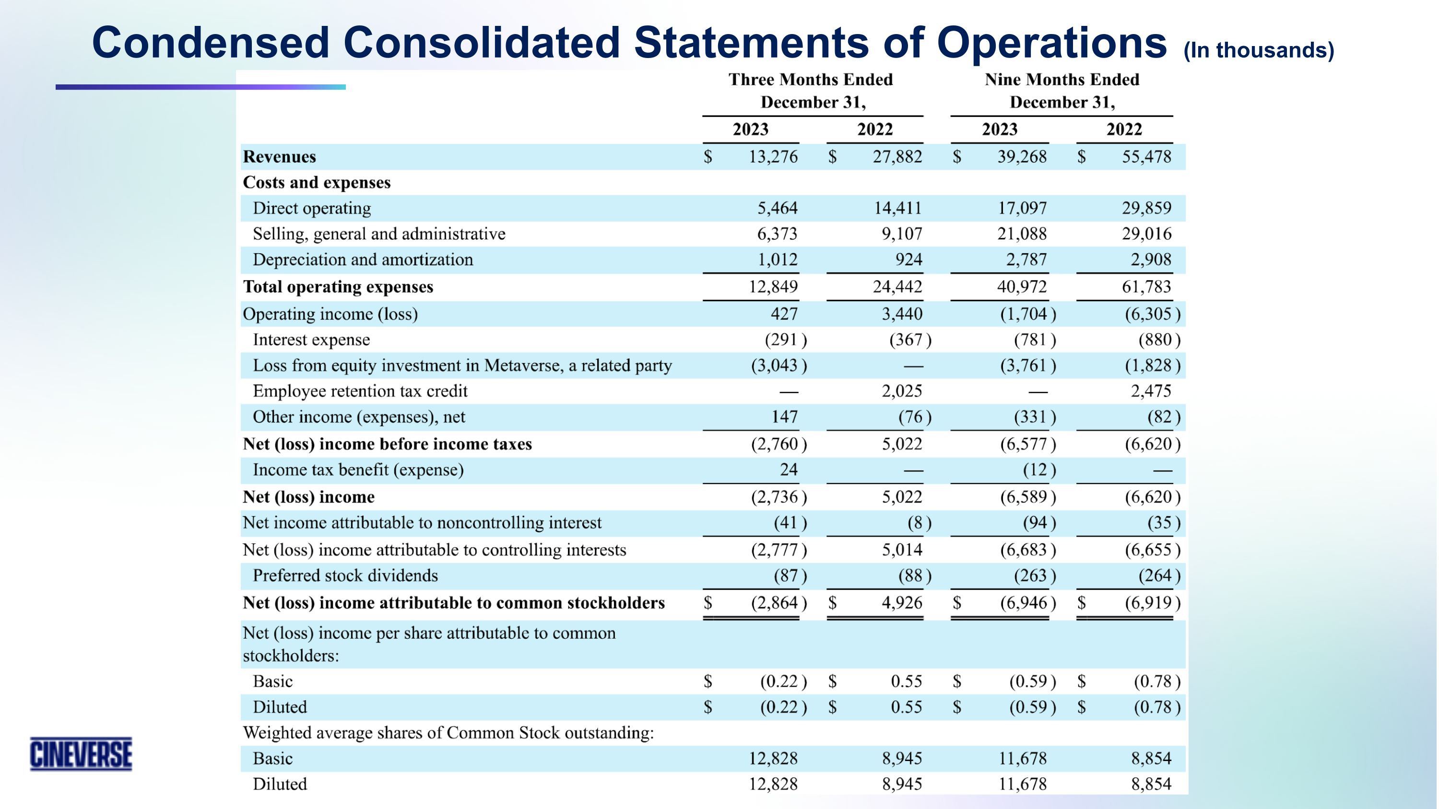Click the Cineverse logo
coord(81,754)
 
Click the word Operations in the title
coord(1051,43)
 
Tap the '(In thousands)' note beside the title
coord(1258,50)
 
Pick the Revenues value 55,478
coord(1146,157)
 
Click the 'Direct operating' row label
coord(312,208)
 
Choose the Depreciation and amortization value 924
coord(908,259)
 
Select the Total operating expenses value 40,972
coord(1022,287)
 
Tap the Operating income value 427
coord(784,314)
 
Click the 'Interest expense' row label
coord(311,340)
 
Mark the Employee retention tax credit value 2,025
coord(902,391)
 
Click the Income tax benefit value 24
coord(788,469)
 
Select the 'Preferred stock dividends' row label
coord(345,575)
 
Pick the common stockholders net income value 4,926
coord(902,603)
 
